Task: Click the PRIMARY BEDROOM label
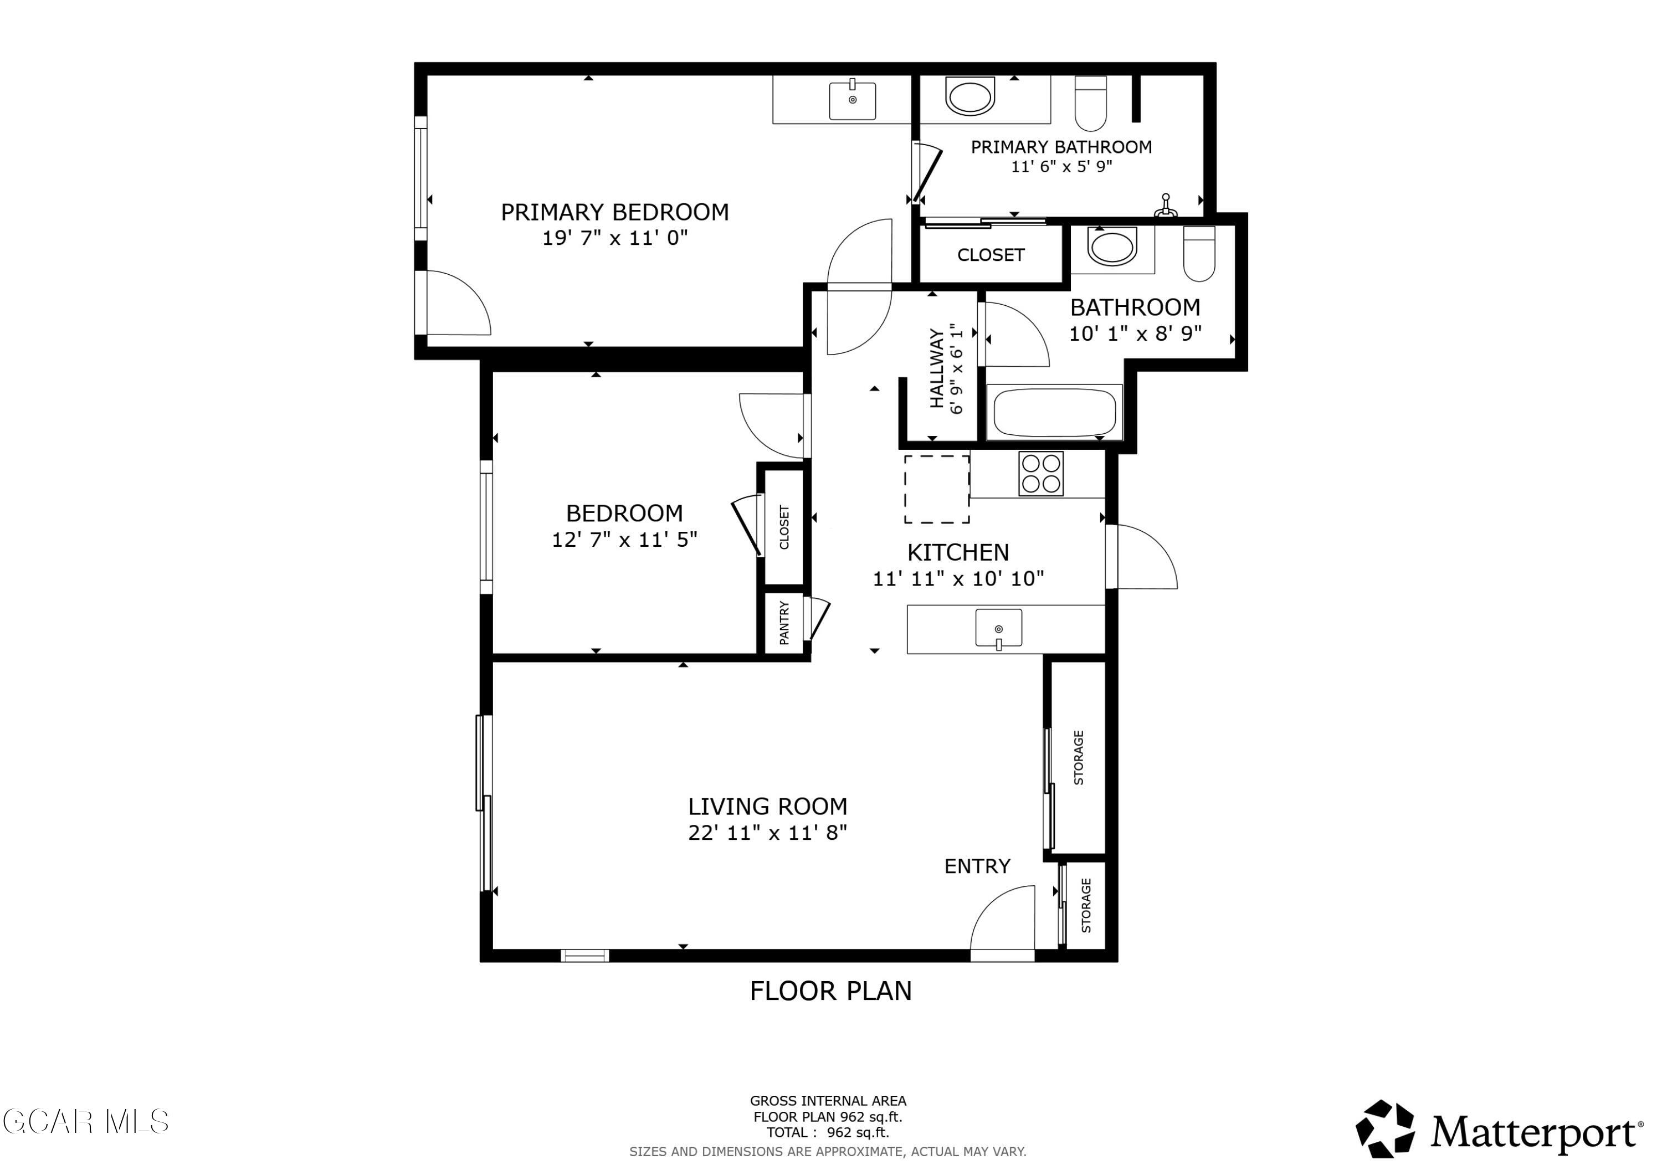pyautogui.click(x=614, y=212)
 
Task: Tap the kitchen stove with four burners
pyautogui.click(x=1040, y=474)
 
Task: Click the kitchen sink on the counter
pyautogui.click(x=998, y=628)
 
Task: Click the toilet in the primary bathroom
pyautogui.click(x=1090, y=103)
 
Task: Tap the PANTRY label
pyautogui.click(x=784, y=623)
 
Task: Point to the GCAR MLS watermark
pyautogui.click(x=85, y=1121)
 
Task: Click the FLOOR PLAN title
pyautogui.click(x=830, y=991)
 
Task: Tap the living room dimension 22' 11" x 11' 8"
pyautogui.click(x=767, y=833)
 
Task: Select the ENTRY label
pyautogui.click(x=977, y=866)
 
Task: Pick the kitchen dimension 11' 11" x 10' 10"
pyautogui.click(x=958, y=578)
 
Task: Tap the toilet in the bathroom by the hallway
pyautogui.click(x=1199, y=253)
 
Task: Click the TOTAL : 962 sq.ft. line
pyautogui.click(x=827, y=1132)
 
